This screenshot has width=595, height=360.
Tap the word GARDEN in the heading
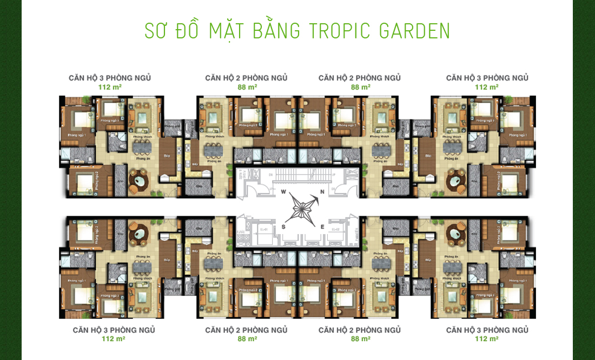(415, 31)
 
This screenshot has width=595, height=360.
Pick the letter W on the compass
(282, 192)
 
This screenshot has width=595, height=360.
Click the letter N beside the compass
(322, 192)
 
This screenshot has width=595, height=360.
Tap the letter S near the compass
(283, 227)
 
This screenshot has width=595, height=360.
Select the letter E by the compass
(322, 227)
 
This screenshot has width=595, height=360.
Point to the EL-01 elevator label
(264, 229)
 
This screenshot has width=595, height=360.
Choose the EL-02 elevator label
(335, 229)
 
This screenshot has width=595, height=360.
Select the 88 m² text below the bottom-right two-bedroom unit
(360, 339)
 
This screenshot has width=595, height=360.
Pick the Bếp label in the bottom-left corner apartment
(167, 259)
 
